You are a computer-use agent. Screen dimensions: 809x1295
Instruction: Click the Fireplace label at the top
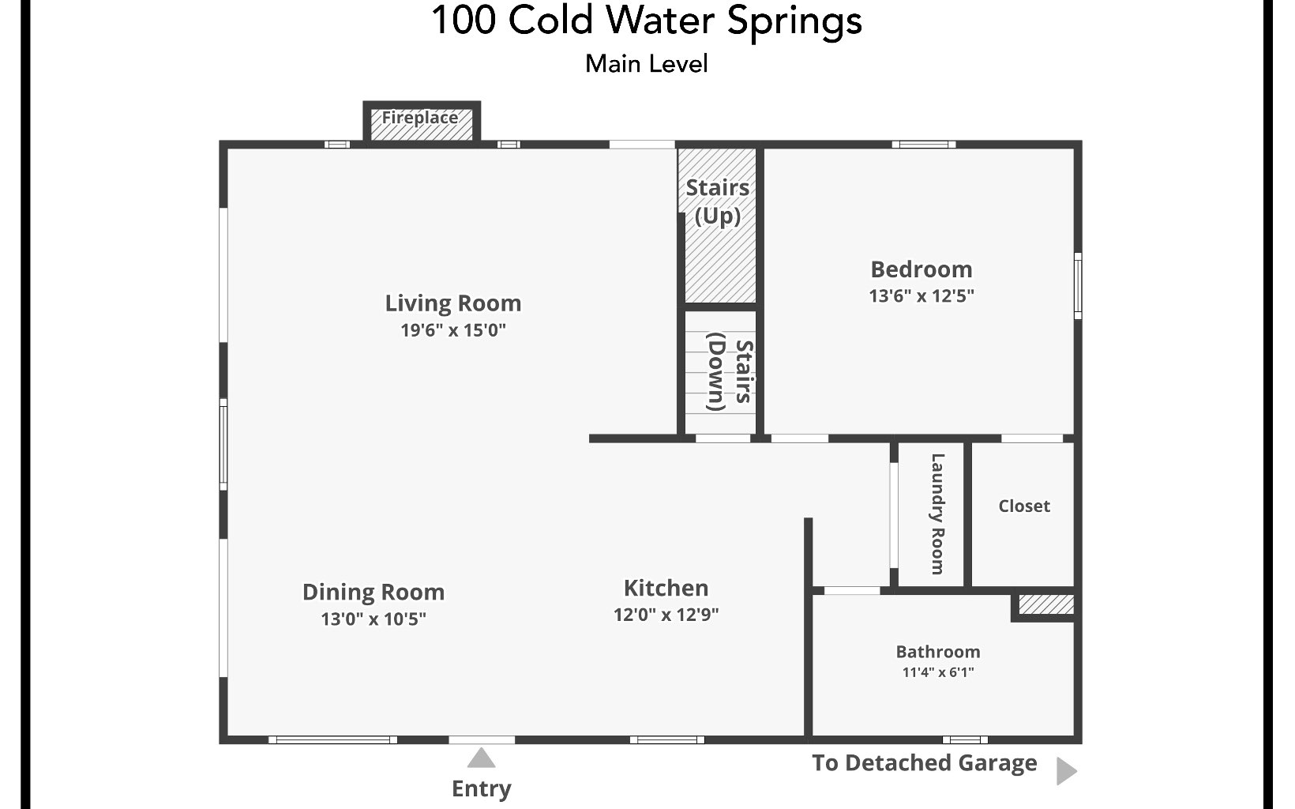click(x=420, y=119)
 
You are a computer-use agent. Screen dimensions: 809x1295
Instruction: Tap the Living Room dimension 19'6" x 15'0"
click(x=453, y=330)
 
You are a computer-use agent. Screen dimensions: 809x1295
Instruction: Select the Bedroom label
click(x=922, y=269)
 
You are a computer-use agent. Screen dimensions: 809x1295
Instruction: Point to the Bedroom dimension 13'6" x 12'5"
click(x=922, y=296)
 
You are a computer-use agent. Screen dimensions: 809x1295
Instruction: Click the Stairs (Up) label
click(x=717, y=201)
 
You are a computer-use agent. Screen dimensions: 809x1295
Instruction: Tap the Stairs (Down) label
click(x=729, y=372)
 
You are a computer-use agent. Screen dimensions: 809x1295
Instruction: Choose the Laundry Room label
click(x=937, y=514)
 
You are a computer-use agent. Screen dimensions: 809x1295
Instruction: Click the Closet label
click(x=1024, y=506)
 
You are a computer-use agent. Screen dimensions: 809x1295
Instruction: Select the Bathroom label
click(x=938, y=652)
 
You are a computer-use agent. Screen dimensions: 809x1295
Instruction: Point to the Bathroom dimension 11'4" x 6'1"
click(x=938, y=673)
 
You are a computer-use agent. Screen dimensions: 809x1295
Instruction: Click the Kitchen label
click(x=666, y=588)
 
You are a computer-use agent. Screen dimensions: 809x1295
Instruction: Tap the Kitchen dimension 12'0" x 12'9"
click(x=666, y=615)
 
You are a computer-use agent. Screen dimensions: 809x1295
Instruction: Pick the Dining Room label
click(x=373, y=592)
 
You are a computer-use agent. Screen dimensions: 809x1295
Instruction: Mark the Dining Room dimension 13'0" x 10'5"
click(x=373, y=619)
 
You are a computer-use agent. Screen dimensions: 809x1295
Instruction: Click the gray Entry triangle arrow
click(x=481, y=759)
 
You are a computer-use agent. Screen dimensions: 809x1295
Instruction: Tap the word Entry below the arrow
click(x=481, y=788)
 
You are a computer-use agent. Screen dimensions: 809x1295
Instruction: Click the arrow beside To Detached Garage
click(x=1066, y=771)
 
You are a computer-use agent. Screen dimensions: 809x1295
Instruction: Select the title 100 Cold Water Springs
click(x=646, y=21)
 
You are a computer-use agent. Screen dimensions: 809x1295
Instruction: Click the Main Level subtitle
click(x=646, y=64)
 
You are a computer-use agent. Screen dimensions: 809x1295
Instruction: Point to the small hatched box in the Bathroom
click(x=1045, y=605)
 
